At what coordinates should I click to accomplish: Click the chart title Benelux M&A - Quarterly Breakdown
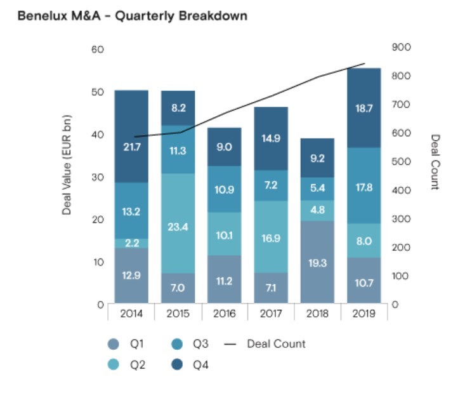tap(132, 16)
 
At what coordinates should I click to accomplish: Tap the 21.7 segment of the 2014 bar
tap(131, 147)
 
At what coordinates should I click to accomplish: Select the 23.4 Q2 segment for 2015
tap(178, 226)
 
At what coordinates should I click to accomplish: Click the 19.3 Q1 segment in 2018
tap(317, 262)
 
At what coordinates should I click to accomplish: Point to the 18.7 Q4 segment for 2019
tap(364, 109)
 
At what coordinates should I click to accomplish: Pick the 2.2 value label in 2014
tap(131, 243)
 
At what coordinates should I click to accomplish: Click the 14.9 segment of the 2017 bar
tap(271, 138)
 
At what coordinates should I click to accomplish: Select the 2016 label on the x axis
tap(224, 314)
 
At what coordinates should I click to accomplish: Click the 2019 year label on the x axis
tap(364, 314)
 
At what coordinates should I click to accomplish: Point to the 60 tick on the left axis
tap(97, 50)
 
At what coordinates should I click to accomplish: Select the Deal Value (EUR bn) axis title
tap(67, 165)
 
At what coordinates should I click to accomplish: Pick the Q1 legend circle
tap(113, 344)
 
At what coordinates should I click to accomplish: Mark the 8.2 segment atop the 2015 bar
tap(178, 108)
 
